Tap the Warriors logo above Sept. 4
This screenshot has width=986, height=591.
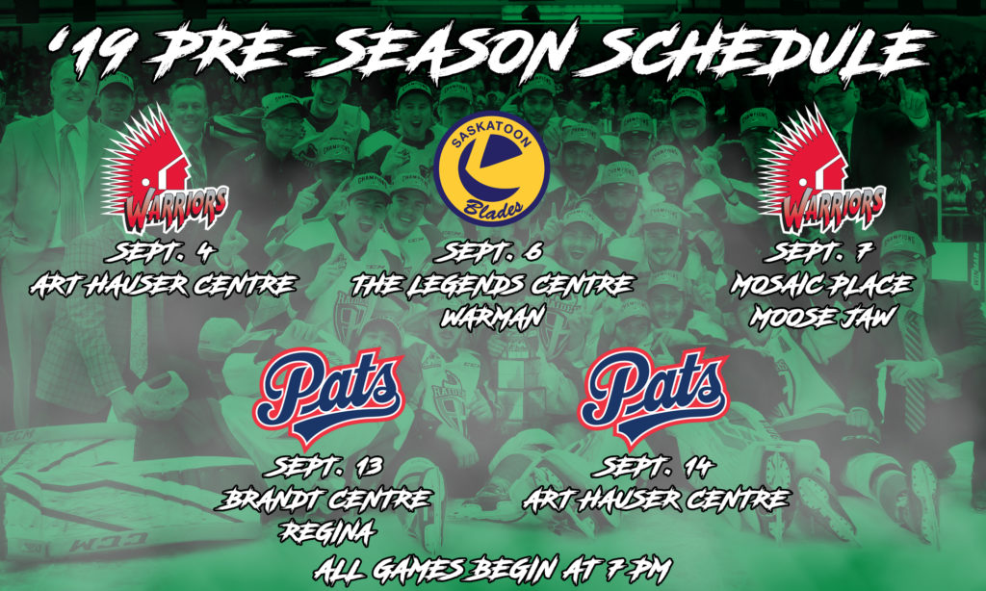(165, 169)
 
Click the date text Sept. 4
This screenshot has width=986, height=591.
(161, 253)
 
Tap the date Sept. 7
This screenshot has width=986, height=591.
(818, 253)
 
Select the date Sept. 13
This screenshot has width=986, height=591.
(324, 467)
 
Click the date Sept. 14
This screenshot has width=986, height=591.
(654, 467)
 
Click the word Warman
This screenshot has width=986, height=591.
(492, 318)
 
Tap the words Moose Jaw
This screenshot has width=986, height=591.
(821, 318)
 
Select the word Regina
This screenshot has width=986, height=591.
(327, 532)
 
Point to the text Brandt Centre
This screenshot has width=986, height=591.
(324, 501)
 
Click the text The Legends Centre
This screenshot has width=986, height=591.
(492, 286)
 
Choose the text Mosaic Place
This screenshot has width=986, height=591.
(821, 286)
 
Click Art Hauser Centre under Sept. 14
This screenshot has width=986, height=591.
(656, 501)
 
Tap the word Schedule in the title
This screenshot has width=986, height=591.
(763, 50)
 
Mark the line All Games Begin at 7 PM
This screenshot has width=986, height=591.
(492, 569)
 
